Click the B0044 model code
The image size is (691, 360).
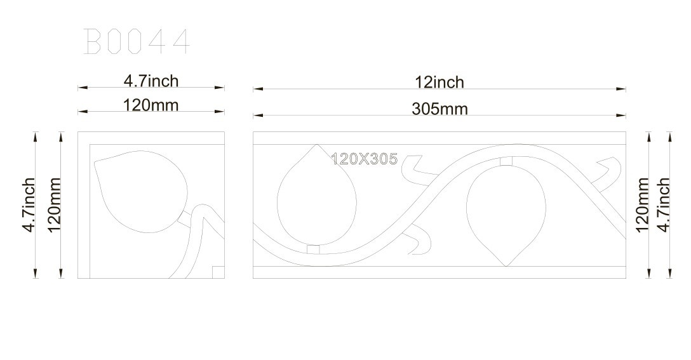137,41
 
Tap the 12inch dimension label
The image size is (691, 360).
439,83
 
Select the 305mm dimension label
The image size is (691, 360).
439,109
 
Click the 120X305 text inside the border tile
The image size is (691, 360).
364,159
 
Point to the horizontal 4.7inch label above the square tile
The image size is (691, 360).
151,81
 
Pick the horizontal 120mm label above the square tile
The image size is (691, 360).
151,105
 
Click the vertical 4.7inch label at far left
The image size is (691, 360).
29,204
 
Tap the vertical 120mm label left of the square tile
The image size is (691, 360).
53,204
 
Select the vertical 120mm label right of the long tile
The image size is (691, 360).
642,204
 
